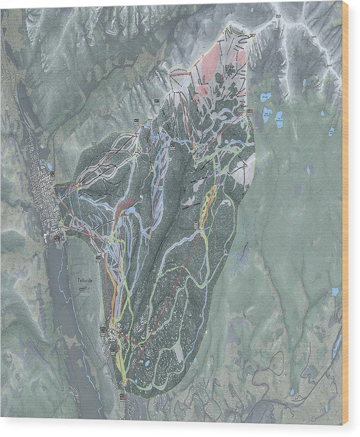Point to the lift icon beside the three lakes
click(x=250, y=112)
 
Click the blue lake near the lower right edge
click(x=335, y=291)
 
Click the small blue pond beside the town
click(x=49, y=166)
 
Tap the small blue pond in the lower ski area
click(x=148, y=362)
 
